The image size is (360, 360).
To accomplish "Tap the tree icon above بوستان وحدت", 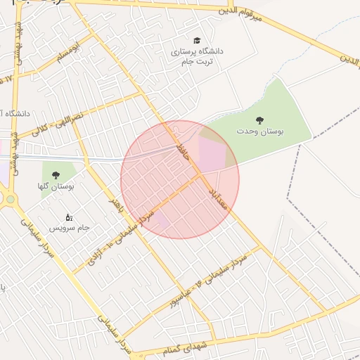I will point(261,120).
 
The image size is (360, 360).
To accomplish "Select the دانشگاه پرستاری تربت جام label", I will point(195,57).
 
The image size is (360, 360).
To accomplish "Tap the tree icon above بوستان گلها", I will point(56,174).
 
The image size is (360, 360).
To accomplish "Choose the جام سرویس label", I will point(70,229).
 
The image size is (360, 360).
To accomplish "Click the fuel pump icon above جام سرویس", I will point(68,217).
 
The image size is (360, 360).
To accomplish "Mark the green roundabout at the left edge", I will point(10,199).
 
